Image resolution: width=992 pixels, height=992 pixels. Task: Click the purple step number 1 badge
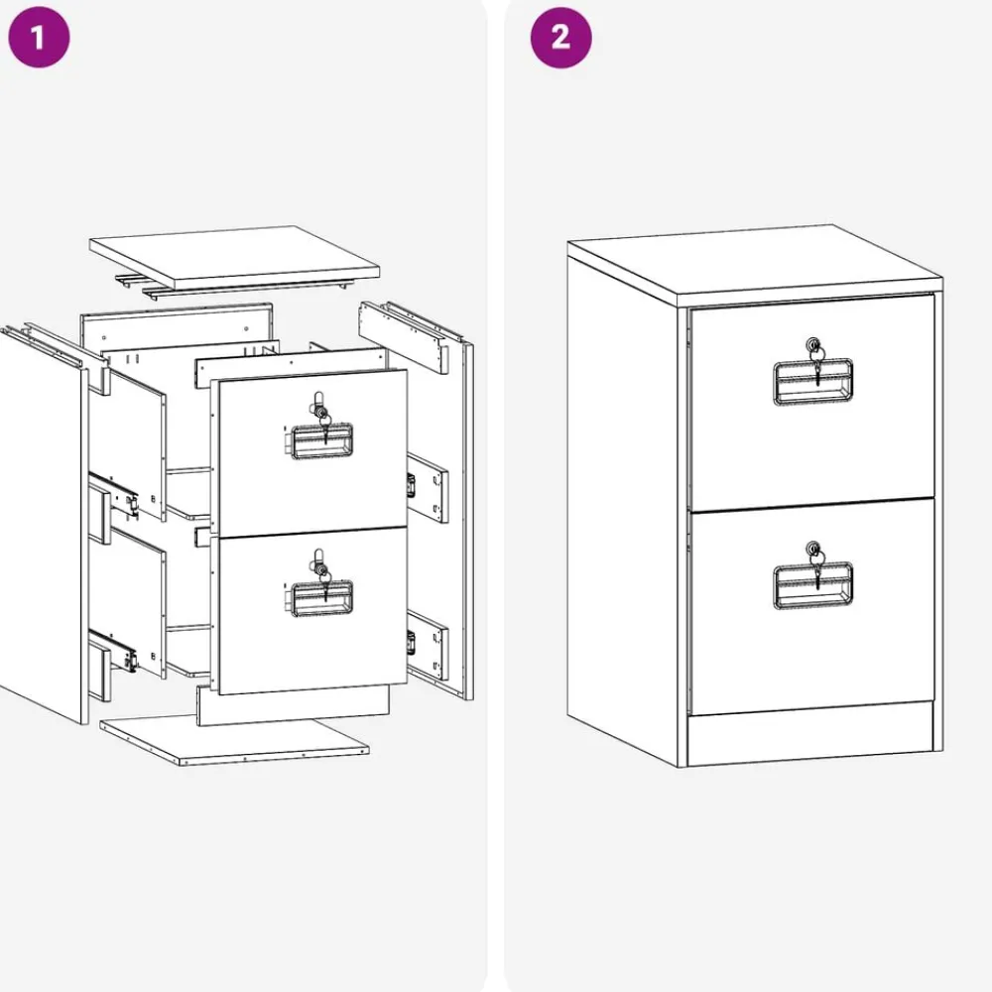(39, 37)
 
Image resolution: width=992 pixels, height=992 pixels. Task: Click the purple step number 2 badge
(560, 37)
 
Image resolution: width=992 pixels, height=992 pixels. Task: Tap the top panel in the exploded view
(234, 256)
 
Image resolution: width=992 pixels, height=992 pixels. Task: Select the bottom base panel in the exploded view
(234, 739)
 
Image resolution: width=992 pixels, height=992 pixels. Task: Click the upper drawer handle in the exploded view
(319, 440)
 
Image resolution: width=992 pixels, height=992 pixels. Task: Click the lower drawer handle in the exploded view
(319, 597)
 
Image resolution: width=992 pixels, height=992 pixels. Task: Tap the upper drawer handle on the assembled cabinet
(813, 382)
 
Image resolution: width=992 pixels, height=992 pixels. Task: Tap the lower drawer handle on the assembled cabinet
(813, 586)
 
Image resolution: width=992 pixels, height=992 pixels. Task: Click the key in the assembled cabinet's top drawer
(816, 364)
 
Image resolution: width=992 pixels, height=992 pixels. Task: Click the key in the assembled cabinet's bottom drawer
(817, 566)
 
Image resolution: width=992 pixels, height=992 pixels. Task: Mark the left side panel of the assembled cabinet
(622, 506)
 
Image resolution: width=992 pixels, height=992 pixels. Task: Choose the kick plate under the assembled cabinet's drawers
(809, 733)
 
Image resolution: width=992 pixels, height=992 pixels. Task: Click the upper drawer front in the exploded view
(310, 451)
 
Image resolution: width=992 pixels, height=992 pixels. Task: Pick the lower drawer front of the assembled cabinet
(812, 606)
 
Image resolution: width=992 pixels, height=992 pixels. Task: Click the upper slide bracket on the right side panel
(428, 487)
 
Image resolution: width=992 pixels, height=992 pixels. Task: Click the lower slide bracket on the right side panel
(428, 644)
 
